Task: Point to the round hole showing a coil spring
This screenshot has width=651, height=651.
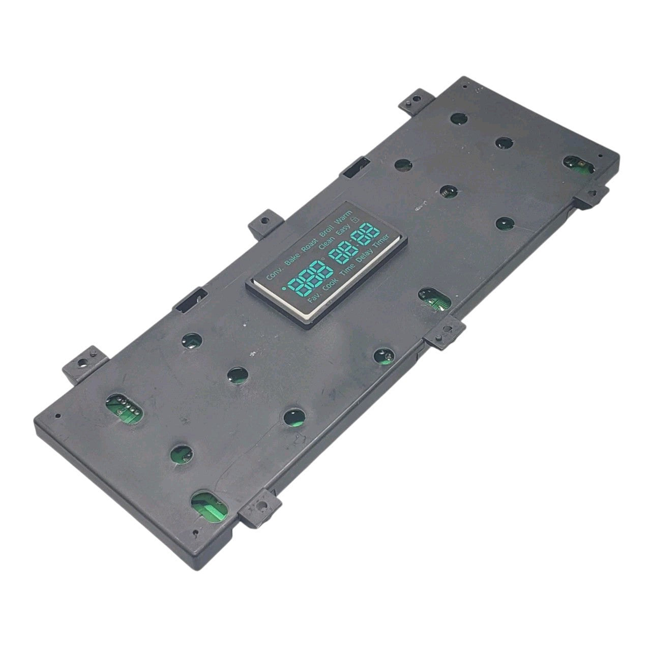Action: [x=446, y=191]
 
